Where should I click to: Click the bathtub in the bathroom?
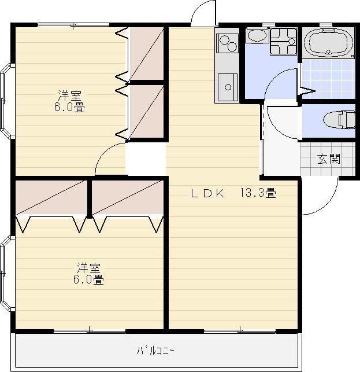pyautogui.click(x=328, y=43)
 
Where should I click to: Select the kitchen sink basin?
pyautogui.click(x=228, y=87)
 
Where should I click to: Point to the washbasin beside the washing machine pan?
pyautogui.click(x=257, y=36)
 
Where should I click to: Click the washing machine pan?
pyautogui.click(x=284, y=42)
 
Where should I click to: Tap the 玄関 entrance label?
pyautogui.click(x=329, y=159)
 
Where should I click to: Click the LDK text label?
pyautogui.click(x=207, y=194)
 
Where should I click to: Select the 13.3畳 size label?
pyautogui.click(x=258, y=193)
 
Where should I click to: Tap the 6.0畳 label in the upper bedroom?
pyautogui.click(x=69, y=107)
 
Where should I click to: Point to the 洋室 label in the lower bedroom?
pyautogui.click(x=88, y=268)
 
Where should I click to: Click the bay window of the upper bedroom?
pyautogui.click(x=5, y=101)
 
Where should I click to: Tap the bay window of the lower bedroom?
pyautogui.click(x=5, y=273)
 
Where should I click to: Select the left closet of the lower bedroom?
pyautogui.click(x=51, y=197)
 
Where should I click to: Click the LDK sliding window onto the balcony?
pyautogui.click(x=240, y=331)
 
